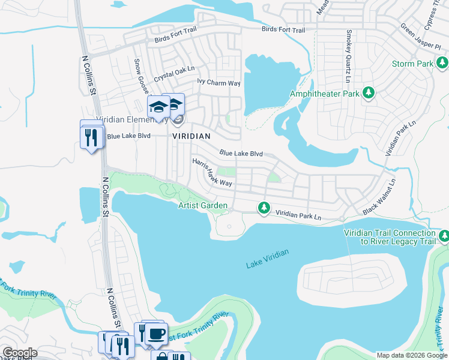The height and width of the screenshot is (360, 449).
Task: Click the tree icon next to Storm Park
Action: [x=442, y=63]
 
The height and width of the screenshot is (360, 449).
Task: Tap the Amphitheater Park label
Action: [x=324, y=94]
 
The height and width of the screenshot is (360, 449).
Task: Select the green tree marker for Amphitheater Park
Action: [x=369, y=93]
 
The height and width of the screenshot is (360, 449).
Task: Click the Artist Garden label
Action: [x=203, y=206]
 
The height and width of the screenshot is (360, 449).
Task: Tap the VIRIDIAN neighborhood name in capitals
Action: [x=191, y=136]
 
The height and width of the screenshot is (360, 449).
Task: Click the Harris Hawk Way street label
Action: [x=212, y=172]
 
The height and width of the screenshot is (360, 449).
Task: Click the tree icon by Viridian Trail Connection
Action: [x=444, y=236]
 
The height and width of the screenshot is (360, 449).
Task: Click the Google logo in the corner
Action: [x=19, y=353]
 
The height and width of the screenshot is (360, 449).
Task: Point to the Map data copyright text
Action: [x=411, y=355]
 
